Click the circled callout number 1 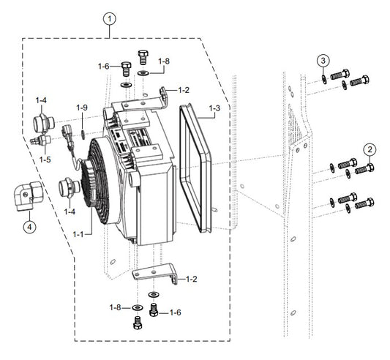(110, 19)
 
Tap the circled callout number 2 (370, 150)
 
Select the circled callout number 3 (323, 61)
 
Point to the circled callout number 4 (29, 227)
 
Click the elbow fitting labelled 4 (27, 196)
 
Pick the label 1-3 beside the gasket (214, 108)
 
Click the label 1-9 (82, 108)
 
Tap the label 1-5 (45, 160)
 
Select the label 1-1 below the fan (78, 234)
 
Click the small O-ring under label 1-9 (83, 135)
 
